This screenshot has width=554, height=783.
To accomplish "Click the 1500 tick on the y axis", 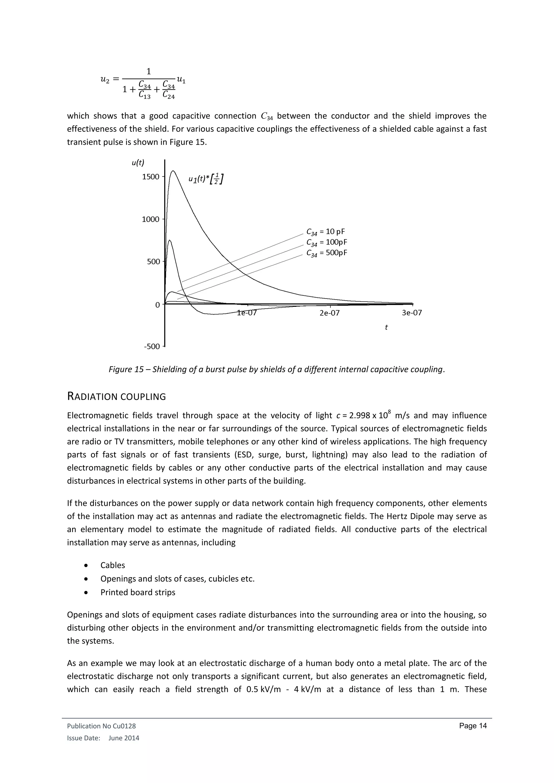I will pos(151,177).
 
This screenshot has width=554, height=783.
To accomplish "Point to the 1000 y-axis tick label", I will pos(151,219).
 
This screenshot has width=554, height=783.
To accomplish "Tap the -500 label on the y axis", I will pos(152,347).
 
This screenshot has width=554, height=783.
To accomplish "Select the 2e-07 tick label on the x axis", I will pos(329,313).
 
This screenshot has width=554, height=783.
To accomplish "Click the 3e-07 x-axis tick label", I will pos(412,313).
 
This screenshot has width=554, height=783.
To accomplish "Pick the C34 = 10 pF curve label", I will pos(326,232).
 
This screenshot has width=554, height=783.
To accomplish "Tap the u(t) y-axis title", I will pos(138,163).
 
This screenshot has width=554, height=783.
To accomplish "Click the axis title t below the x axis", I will pos(386,327).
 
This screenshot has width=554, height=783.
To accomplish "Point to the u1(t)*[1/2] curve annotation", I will pos(206,179).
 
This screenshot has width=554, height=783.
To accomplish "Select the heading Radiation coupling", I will pos(116,397).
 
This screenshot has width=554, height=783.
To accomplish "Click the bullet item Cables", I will pos(113,565).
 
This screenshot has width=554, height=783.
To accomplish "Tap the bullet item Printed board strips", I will pos(138,592).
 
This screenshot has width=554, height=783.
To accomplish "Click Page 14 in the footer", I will pos(473,726).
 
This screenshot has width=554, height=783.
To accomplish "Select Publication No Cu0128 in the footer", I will pos(101,726).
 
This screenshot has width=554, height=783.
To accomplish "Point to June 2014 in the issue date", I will pos(124,738).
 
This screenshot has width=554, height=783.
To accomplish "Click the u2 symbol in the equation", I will pos(105,79).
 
